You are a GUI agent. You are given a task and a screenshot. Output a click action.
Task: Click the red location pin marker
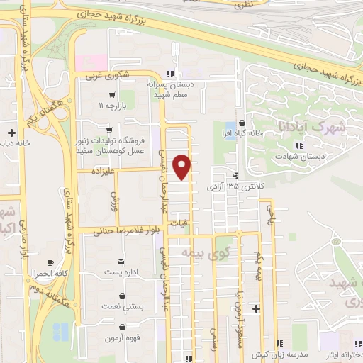(x=183, y=167)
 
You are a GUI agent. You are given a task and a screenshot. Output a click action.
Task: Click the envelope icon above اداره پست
(x=121, y=262)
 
